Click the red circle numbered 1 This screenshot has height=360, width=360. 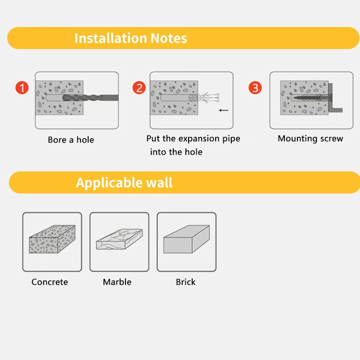(22, 87)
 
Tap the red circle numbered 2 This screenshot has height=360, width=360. (139, 87)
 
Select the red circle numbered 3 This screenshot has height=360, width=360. (256, 87)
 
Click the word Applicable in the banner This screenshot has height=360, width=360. (103, 183)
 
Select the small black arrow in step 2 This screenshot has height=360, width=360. (223, 110)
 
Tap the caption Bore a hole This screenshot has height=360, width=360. (71, 140)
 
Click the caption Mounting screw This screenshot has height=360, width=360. (310, 139)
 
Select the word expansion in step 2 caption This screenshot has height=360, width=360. (198, 139)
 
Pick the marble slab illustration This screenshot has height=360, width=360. (119, 240)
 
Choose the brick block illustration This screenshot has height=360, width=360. (186, 241)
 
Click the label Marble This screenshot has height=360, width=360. (117, 282)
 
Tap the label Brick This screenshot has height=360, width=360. (185, 282)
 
